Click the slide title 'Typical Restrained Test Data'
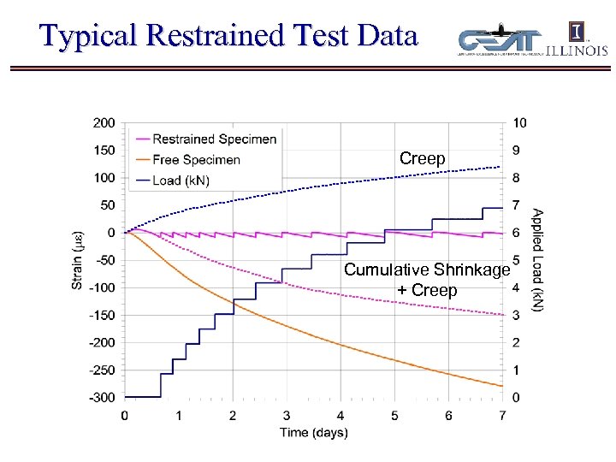click(228, 36)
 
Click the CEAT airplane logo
click(500, 41)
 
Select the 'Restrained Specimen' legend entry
click(214, 139)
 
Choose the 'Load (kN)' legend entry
click(180, 180)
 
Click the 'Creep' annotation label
click(423, 159)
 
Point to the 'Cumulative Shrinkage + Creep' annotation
click(427, 280)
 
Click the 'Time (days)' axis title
click(314, 432)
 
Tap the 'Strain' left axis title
click(78, 261)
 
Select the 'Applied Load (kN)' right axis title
click(537, 259)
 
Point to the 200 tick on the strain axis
click(104, 123)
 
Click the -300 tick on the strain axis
click(102, 397)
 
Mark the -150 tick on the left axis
click(102, 315)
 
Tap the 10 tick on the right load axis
click(519, 123)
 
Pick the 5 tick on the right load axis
click(516, 260)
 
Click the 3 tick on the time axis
click(287, 416)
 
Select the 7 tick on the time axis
click(502, 416)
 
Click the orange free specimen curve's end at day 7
click(501, 386)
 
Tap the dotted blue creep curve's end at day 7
click(500, 166)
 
